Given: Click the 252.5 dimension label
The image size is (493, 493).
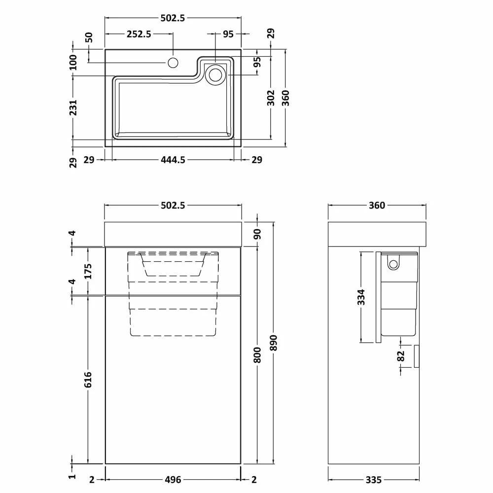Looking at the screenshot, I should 139,34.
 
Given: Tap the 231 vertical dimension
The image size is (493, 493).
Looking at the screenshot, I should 73,107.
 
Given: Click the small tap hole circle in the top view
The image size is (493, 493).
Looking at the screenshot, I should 173,63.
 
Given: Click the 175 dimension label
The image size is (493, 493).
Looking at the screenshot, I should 88,271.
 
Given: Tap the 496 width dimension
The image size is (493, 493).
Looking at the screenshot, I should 172,479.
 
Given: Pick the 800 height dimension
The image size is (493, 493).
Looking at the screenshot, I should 257,354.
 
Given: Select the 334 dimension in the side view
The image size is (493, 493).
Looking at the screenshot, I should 361,297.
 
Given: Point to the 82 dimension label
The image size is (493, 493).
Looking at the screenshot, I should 400,355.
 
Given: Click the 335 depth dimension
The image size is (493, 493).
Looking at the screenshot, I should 373,479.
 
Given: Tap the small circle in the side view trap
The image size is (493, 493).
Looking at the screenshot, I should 393,264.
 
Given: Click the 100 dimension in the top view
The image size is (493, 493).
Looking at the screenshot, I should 73,63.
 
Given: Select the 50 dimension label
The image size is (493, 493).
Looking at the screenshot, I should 89,38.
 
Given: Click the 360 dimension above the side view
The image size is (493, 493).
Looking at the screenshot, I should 377,206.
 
